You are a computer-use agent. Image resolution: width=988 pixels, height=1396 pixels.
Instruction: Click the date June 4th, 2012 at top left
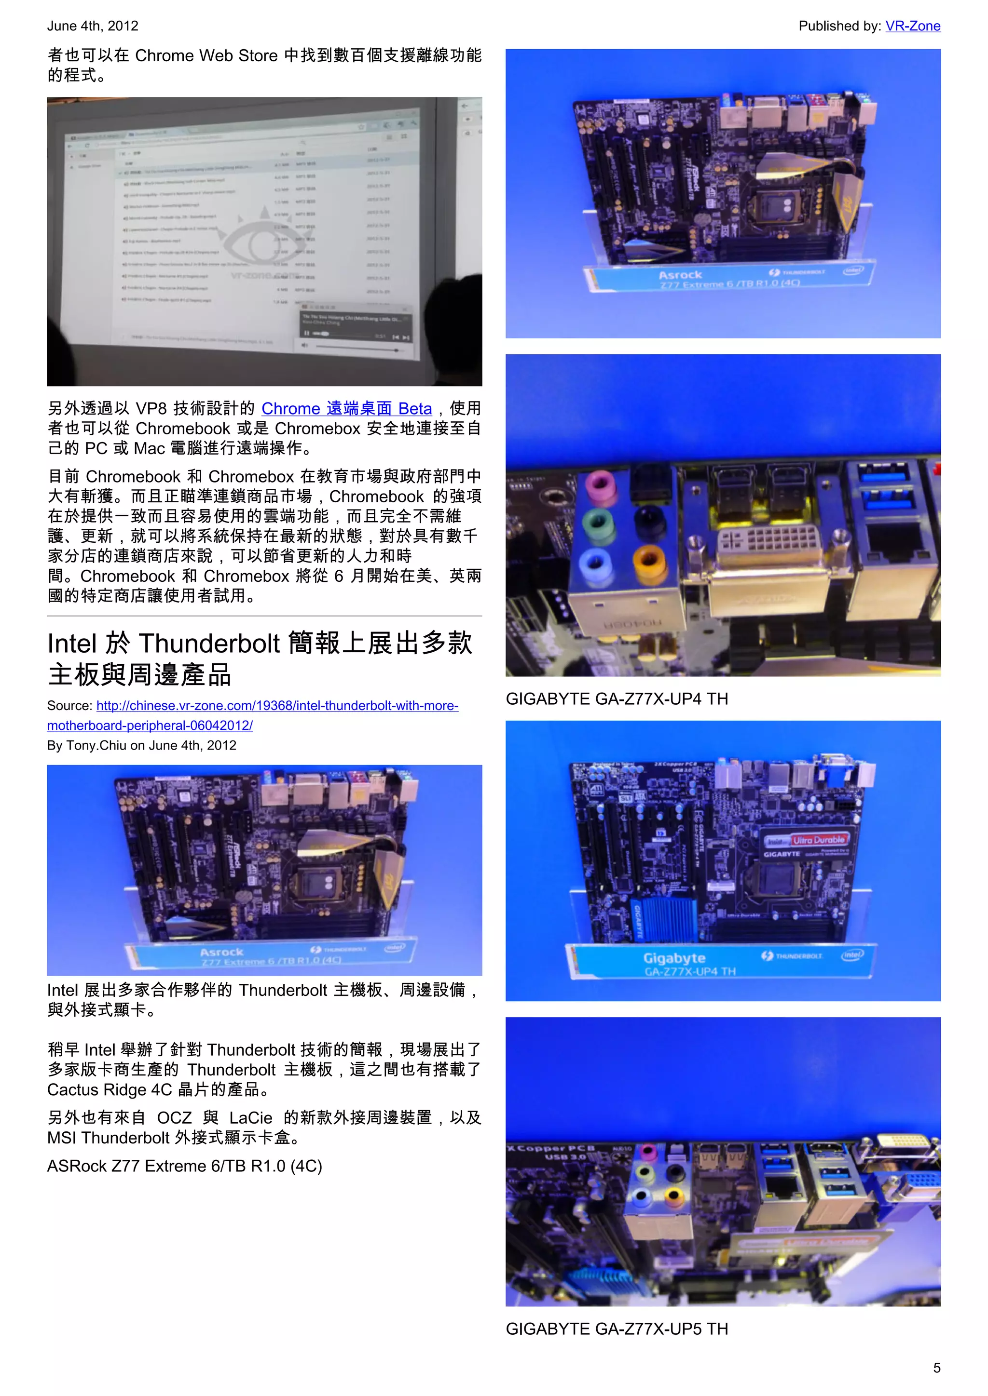pyautogui.click(x=93, y=26)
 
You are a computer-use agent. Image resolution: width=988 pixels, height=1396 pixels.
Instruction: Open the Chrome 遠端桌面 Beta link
pyautogui.click(x=346, y=409)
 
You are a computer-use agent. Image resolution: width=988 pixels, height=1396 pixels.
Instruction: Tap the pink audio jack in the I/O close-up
pyautogui.click(x=600, y=484)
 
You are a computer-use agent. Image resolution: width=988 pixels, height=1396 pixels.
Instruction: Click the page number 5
pyautogui.click(x=936, y=1368)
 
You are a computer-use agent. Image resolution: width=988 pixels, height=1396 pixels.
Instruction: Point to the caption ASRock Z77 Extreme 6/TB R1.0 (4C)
pyautogui.click(x=184, y=1166)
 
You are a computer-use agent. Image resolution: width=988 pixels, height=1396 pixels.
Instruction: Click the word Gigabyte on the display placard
pyautogui.click(x=674, y=958)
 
